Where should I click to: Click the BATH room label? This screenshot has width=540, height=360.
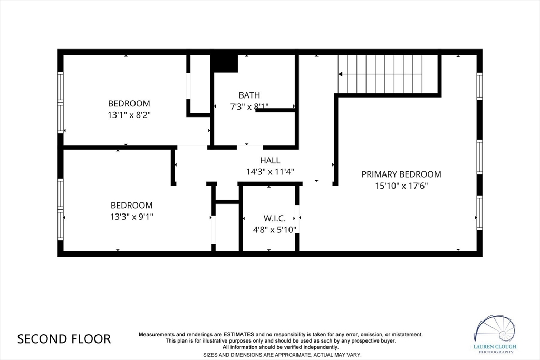pyautogui.click(x=249, y=95)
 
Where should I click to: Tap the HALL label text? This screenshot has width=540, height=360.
pyautogui.click(x=270, y=160)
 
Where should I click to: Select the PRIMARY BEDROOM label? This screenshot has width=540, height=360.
pyautogui.click(x=401, y=174)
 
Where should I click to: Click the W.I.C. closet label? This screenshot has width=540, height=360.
pyautogui.click(x=274, y=218)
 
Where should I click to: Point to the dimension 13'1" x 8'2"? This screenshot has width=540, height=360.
pyautogui.click(x=129, y=115)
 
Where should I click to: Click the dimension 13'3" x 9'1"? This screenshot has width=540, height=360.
pyautogui.click(x=131, y=217)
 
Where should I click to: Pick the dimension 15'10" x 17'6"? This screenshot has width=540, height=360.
pyautogui.click(x=401, y=186)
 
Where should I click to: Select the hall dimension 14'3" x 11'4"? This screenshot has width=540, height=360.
pyautogui.click(x=270, y=172)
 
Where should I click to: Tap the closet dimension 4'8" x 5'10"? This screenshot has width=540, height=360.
pyautogui.click(x=274, y=230)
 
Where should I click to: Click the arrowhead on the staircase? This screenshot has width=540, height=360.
pyautogui.click(x=340, y=74)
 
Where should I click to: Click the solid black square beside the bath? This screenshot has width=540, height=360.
pyautogui.click(x=224, y=63)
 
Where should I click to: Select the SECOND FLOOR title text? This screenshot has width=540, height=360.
pyautogui.click(x=64, y=339)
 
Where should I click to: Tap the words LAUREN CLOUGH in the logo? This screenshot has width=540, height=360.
pyautogui.click(x=495, y=347)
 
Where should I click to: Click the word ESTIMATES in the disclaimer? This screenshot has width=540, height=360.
pyautogui.click(x=239, y=334)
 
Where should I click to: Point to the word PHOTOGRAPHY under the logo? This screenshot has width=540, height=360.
pyautogui.click(x=495, y=352)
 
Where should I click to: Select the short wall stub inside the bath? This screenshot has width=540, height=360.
pyautogui.click(x=275, y=110)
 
